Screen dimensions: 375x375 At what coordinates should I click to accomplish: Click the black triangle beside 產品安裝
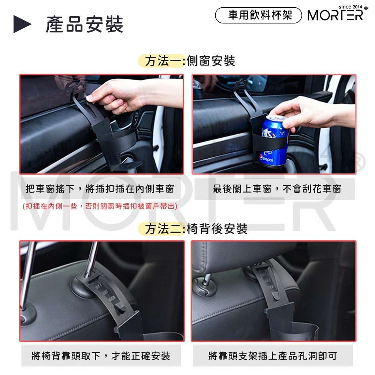click(x=22, y=24)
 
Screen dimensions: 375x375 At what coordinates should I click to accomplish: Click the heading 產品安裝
click(x=85, y=25)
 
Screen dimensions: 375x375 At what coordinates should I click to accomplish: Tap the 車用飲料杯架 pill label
click(x=259, y=15)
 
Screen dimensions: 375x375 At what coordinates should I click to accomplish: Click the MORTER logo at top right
click(x=335, y=15)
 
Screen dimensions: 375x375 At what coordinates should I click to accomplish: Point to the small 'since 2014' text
click(x=350, y=7)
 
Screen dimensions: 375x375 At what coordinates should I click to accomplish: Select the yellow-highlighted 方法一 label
click(x=162, y=61)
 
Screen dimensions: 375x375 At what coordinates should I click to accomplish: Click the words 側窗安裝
click(x=211, y=61)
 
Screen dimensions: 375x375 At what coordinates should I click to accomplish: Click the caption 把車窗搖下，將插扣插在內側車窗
click(x=100, y=189)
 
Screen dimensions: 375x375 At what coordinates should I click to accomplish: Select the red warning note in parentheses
click(x=100, y=206)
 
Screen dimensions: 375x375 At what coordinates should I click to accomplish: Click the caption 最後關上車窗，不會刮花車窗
click(x=277, y=189)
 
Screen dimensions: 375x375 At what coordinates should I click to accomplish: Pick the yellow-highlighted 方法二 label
click(x=162, y=229)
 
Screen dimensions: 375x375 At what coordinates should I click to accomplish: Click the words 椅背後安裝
click(x=217, y=229)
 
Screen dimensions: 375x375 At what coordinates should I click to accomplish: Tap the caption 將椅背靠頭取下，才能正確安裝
click(x=101, y=356)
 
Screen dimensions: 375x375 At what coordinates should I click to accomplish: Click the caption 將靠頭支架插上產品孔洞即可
click(x=272, y=356)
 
